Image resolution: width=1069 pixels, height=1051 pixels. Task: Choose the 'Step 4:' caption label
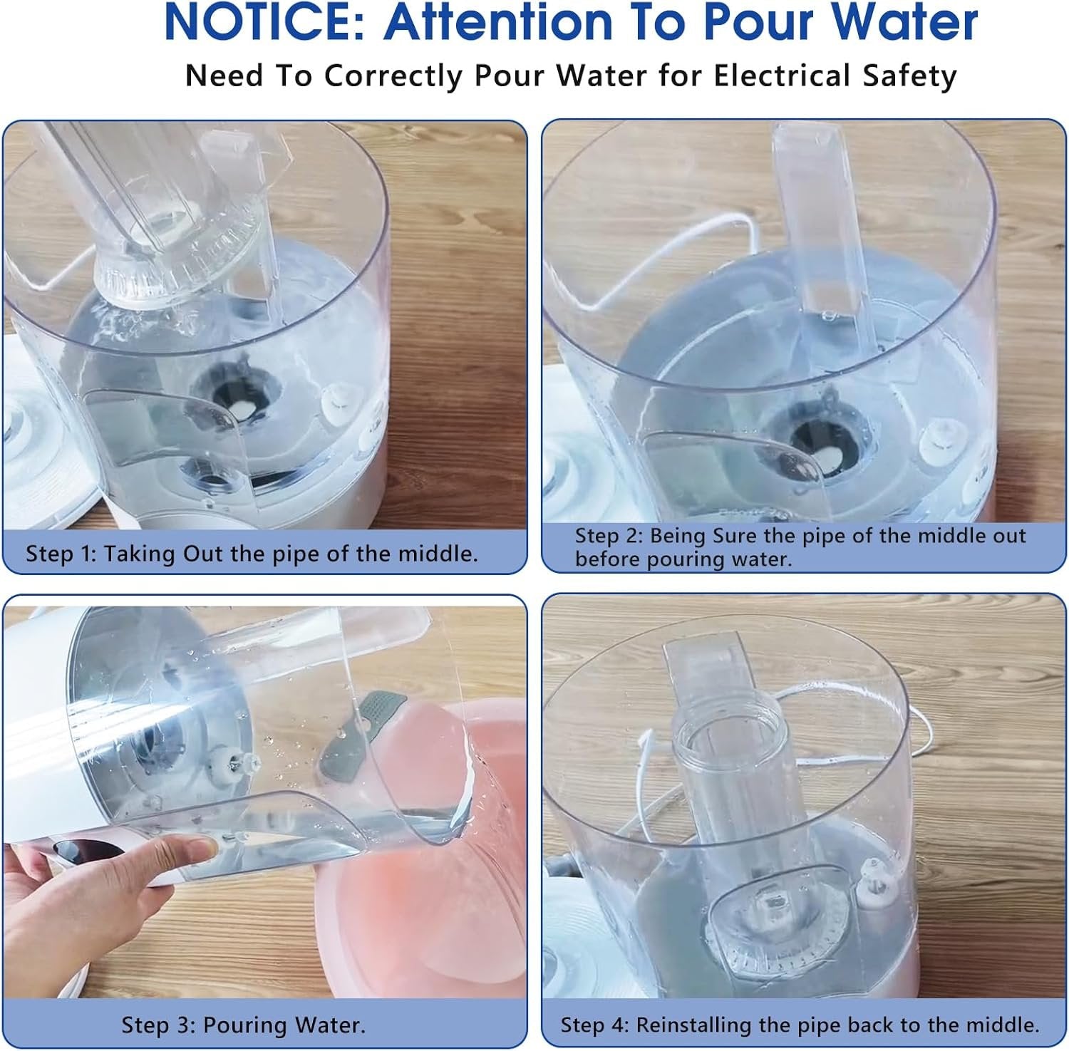click(594, 1025)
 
